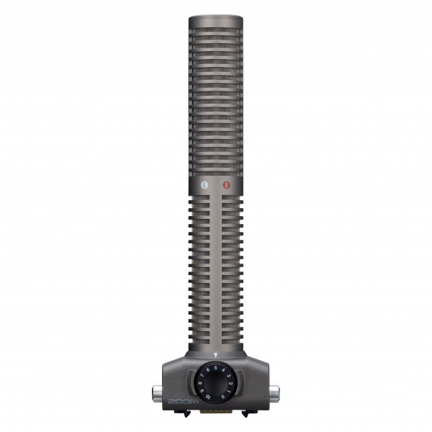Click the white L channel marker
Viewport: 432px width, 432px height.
[205, 185]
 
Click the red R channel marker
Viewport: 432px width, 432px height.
[227, 185]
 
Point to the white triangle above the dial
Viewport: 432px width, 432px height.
[215, 355]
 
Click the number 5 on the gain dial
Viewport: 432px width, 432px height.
[215, 368]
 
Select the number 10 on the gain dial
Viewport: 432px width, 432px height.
[207, 397]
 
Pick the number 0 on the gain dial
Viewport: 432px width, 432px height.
[223, 397]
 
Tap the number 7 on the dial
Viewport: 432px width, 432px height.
[201, 375]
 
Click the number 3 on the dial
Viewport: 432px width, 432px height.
[228, 376]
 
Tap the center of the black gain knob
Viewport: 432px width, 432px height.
[215, 383]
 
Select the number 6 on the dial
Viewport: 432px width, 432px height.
[208, 369]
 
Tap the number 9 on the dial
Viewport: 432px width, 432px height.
[202, 391]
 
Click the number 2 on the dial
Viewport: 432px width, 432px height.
[231, 383]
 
